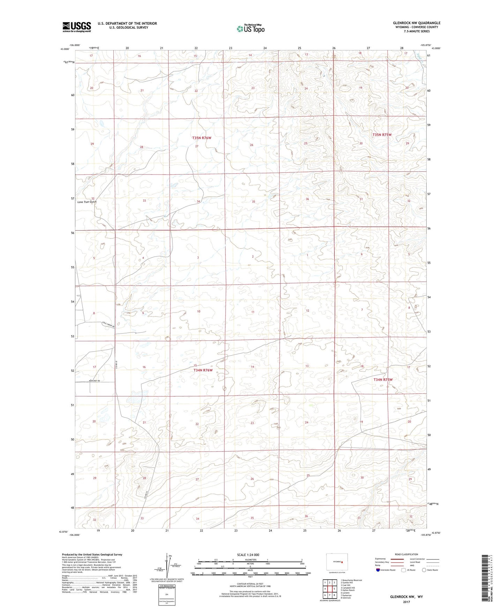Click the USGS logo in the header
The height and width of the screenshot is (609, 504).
(77, 27)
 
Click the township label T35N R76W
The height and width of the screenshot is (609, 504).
(202, 138)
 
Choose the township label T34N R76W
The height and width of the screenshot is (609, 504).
(203, 370)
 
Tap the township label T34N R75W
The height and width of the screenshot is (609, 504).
(383, 379)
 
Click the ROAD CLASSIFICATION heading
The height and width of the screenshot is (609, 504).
(406, 554)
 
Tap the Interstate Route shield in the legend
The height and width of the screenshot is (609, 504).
(378, 570)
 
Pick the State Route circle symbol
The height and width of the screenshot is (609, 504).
(424, 570)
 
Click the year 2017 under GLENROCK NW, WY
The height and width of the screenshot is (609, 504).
(406, 602)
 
